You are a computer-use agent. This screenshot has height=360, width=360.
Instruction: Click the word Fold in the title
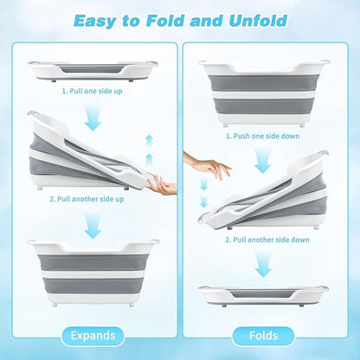point(164,21)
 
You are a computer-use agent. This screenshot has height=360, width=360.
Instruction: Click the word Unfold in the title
point(258,21)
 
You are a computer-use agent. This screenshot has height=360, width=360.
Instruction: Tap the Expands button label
point(93,336)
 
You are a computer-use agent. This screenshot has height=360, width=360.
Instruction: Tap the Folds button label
point(263,336)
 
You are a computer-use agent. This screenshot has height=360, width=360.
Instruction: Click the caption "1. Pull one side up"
point(93,91)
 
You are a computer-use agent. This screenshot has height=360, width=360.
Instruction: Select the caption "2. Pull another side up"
point(87,199)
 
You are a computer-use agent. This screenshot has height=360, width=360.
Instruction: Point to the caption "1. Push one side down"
point(262,136)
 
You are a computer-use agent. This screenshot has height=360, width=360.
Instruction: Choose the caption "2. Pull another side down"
point(267,240)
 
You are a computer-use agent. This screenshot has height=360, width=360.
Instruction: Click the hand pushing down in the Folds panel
point(207,165)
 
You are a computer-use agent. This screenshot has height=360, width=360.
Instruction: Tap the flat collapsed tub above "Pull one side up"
point(93,71)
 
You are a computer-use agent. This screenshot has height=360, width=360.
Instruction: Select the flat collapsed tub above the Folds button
point(263,295)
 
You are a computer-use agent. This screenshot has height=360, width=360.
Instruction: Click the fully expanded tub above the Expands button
point(93,272)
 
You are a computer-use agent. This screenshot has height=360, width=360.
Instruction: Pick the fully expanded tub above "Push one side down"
point(263,93)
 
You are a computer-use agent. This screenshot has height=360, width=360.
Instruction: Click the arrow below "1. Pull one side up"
point(93,117)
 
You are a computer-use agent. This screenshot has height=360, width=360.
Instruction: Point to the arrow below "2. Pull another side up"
point(93,225)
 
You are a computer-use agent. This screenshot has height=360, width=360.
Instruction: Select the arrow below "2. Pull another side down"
point(263,264)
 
